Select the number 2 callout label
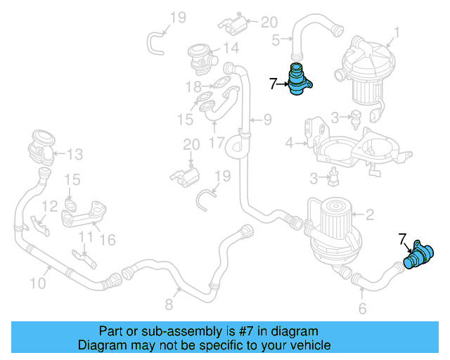tap(369, 214)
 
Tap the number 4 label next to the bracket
tap(289, 143)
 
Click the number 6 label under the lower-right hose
tap(362, 308)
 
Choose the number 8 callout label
tap(169, 304)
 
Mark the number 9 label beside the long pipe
tap(267, 120)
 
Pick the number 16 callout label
tap(108, 240)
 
